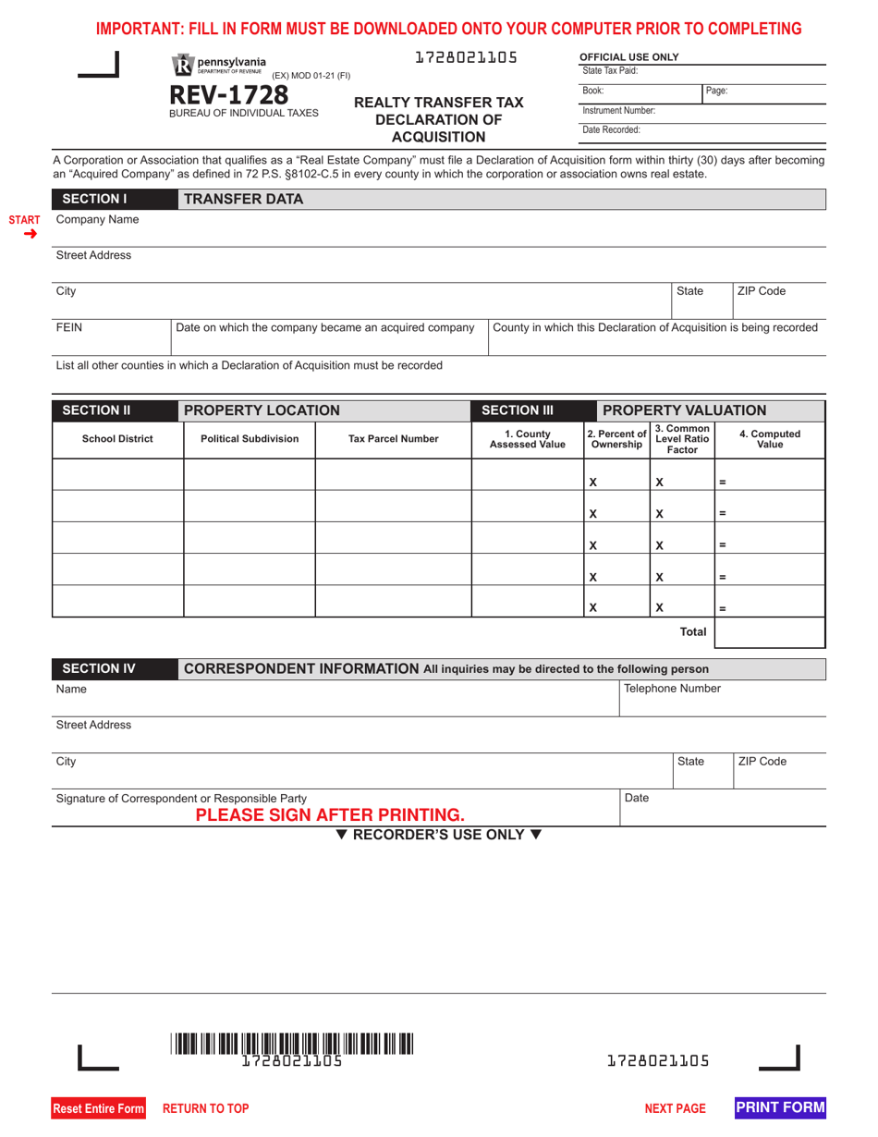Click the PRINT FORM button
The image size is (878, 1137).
(x=780, y=1107)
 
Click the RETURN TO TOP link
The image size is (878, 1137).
(x=206, y=1108)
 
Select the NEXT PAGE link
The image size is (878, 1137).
(x=675, y=1108)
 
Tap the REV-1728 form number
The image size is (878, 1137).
(x=228, y=95)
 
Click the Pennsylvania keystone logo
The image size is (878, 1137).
(x=182, y=65)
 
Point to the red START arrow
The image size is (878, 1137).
(x=30, y=234)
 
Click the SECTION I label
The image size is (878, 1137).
(x=94, y=199)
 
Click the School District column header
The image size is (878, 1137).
(x=117, y=439)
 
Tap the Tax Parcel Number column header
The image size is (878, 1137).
(x=393, y=439)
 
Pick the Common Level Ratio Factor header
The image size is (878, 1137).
(x=682, y=439)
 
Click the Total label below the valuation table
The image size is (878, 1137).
(x=693, y=632)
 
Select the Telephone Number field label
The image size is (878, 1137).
(x=673, y=689)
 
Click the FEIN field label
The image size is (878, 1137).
(x=69, y=327)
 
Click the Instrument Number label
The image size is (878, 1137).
(x=618, y=111)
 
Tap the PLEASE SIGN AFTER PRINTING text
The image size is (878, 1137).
(x=330, y=815)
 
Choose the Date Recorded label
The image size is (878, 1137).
(x=611, y=130)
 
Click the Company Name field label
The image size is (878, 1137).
(x=98, y=220)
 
